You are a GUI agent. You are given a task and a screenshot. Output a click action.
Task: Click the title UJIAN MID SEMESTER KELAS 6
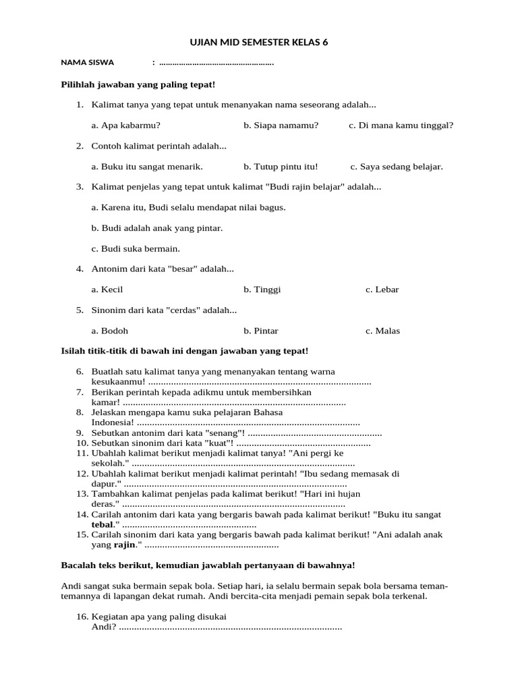[259, 43]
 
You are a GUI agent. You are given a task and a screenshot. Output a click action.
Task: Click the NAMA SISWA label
[88, 63]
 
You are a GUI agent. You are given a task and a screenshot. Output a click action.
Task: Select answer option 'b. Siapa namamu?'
[281, 126]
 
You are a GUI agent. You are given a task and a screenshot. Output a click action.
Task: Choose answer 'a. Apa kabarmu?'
[126, 126]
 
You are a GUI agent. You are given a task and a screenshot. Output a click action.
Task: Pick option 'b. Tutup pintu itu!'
[281, 167]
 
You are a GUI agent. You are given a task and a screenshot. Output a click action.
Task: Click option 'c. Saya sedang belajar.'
[397, 167]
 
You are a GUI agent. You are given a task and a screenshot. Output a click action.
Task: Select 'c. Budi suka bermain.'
[136, 248]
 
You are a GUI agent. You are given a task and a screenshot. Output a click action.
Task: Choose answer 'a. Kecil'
[107, 289]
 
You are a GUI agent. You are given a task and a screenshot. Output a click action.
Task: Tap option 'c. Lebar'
[382, 289]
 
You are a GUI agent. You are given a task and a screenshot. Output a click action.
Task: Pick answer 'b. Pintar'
[261, 331]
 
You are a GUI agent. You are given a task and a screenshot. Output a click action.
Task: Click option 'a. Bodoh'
[110, 331]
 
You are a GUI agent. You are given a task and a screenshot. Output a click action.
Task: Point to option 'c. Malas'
[383, 331]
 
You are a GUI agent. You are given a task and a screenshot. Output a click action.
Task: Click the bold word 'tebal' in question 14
[103, 524]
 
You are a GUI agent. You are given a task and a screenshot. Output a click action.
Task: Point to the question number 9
[80, 433]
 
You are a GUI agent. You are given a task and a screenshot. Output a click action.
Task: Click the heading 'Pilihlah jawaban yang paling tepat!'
[138, 84]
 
